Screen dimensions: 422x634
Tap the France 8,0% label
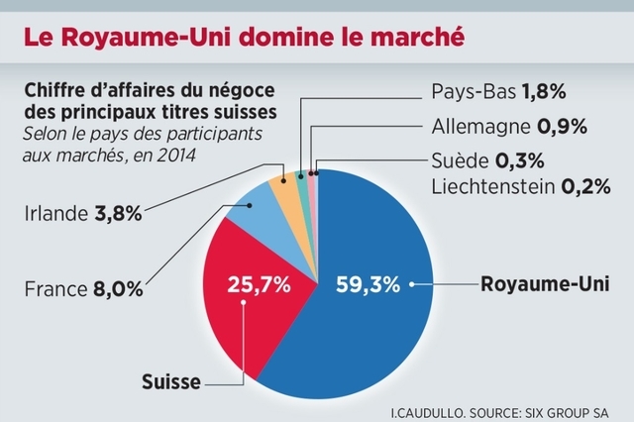(x=81, y=290)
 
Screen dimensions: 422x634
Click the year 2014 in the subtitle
(x=176, y=155)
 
